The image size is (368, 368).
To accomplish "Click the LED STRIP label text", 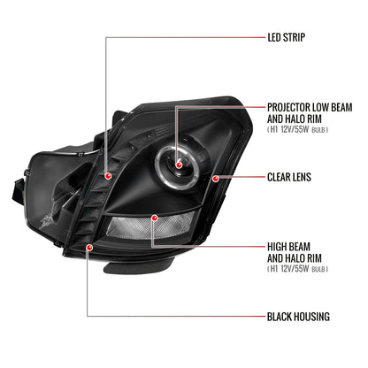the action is pyautogui.click(x=286, y=37).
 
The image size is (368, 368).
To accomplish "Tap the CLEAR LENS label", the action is pyautogui.click(x=289, y=177).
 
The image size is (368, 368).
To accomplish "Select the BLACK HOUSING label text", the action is pyautogui.click(x=298, y=317).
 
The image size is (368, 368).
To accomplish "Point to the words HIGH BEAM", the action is pyautogui.click(x=288, y=247).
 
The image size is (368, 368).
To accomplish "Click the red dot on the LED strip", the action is pyautogui.click(x=108, y=176).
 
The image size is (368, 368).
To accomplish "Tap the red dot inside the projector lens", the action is pyautogui.click(x=179, y=165).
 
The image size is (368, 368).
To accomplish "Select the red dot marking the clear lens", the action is pyautogui.click(x=216, y=179).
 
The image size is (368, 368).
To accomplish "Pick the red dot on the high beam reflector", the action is pyautogui.click(x=154, y=218).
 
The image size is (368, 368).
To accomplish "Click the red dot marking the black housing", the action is pyautogui.click(x=89, y=248).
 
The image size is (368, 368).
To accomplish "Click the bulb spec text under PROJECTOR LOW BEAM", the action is pyautogui.click(x=297, y=129).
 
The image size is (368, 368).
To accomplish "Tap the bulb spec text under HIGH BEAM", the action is pyautogui.click(x=297, y=269).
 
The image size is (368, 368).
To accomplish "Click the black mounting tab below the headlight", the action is pyautogui.click(x=139, y=264).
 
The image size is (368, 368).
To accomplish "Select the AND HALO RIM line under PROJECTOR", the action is pyautogui.click(x=295, y=119).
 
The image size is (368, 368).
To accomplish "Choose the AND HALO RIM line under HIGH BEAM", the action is pyautogui.click(x=295, y=258).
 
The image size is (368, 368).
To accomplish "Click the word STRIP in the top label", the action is pyautogui.click(x=294, y=37).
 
